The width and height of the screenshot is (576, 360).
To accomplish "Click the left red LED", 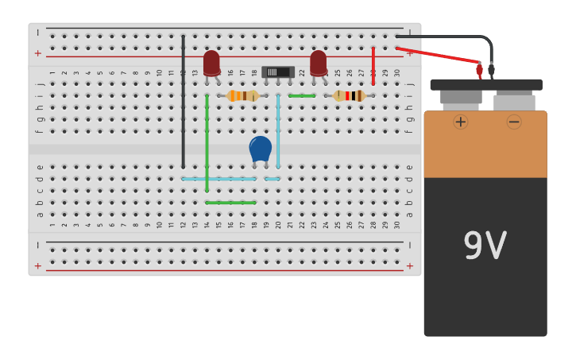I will tap(211, 64).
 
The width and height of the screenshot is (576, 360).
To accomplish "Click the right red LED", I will tap(318, 63).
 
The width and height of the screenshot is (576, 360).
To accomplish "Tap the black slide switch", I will tap(277, 72).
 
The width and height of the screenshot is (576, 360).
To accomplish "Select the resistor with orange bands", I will tap(242, 96).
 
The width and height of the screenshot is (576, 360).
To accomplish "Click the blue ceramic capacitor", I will tap(261, 149).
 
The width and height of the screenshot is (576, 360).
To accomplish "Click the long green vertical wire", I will tap(207, 143).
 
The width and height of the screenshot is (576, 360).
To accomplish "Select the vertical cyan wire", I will tap(278, 131).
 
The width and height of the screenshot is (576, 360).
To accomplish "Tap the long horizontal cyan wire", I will tap(218, 179).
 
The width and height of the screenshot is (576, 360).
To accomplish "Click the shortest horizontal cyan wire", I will tap(272, 179).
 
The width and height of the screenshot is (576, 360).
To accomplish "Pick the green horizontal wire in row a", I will tap(230, 203).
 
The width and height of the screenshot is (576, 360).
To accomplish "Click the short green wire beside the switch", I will tap(301, 96).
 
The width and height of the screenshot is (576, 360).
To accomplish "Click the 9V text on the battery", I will tap(485, 246).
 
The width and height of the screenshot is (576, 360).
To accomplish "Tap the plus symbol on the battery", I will tap(461, 122).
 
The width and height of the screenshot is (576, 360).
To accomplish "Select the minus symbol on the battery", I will tap(514, 122).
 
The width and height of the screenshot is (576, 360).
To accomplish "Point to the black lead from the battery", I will tap(453, 37).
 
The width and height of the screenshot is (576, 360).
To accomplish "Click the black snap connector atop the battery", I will tap(485, 84).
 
